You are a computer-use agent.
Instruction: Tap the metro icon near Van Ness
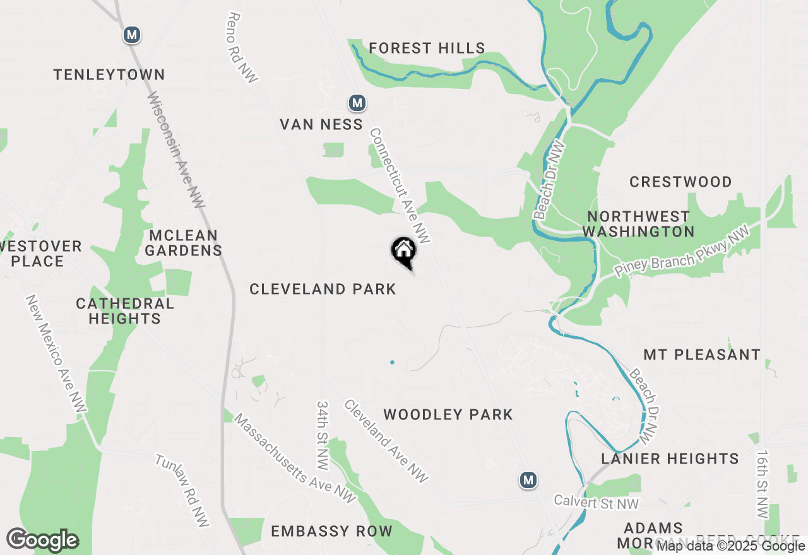[x=357, y=102]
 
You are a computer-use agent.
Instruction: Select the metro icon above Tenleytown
[x=131, y=35]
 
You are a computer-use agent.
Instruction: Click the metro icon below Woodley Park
[x=528, y=480]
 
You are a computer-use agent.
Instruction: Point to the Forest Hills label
[x=427, y=48]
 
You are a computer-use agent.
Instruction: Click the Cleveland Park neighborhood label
[x=323, y=289]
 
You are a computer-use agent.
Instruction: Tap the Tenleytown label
[x=109, y=74]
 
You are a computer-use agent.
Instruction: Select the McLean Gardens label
[x=184, y=243]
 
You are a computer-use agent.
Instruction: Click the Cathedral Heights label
[x=125, y=311]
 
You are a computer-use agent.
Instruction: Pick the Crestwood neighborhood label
[x=680, y=182]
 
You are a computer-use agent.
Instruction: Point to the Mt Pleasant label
[x=702, y=354]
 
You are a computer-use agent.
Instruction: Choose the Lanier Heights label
[x=670, y=459]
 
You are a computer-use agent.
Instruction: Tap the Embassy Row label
[x=331, y=531]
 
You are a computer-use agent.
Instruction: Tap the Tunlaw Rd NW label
[x=182, y=490]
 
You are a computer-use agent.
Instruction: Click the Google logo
[x=42, y=540]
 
